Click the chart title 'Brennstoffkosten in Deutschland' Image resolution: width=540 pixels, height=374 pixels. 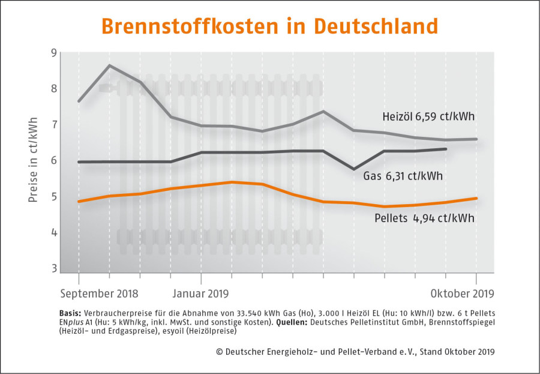click(269, 26)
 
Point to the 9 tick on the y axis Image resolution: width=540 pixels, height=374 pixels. click(53, 53)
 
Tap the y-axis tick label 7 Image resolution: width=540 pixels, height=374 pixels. click(53, 124)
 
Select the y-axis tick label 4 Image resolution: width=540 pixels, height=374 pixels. click(53, 233)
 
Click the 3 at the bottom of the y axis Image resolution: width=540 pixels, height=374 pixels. click(53, 268)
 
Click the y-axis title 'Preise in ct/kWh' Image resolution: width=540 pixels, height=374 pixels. click(33, 160)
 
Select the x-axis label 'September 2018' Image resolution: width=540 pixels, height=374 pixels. click(99, 294)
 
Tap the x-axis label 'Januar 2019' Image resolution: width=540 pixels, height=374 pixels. click(200, 294)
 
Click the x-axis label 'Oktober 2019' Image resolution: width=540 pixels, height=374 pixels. click(462, 294)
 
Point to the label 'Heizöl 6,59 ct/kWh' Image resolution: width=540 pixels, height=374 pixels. click(428, 116)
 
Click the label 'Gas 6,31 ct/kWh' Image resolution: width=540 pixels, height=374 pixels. click(403, 176)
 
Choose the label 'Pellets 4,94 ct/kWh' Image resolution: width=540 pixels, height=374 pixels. click(424, 218)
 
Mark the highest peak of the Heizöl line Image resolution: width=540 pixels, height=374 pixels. click(110, 65)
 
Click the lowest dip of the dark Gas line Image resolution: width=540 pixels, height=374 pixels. click(353, 169)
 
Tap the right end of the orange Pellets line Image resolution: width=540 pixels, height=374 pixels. click(476, 199)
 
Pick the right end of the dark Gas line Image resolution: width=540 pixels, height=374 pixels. click(446, 149)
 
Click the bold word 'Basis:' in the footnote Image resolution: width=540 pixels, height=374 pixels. click(70, 314)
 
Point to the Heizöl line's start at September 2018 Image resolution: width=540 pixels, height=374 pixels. click(79, 101)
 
